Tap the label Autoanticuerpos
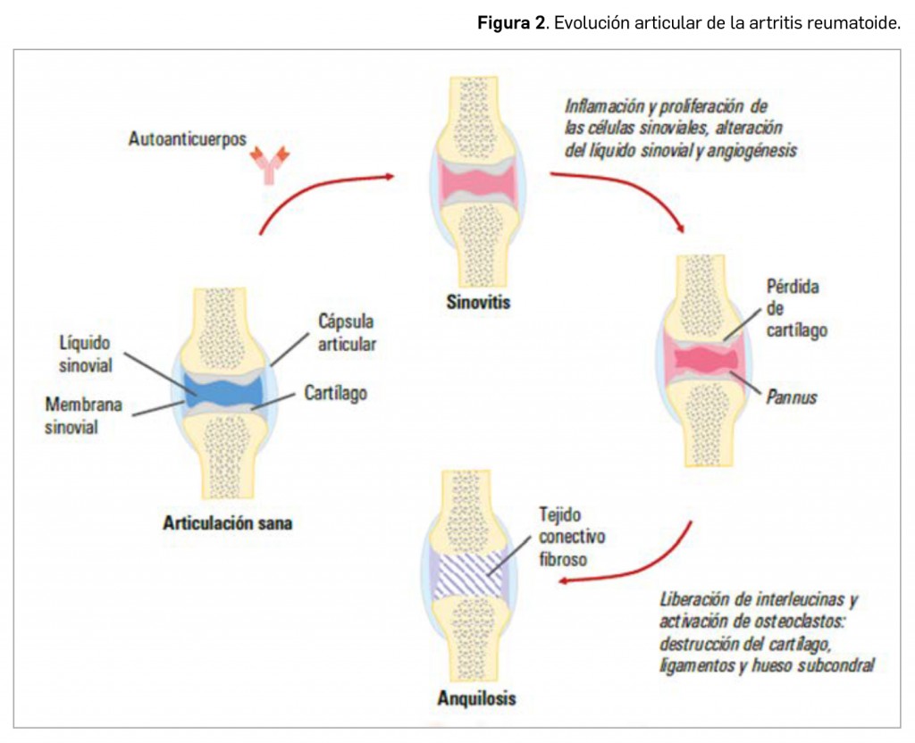187,139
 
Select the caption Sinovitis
478,302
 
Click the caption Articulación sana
227,522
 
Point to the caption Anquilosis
476,697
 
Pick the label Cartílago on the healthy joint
335,393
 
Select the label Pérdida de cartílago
796,308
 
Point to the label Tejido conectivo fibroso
572,537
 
